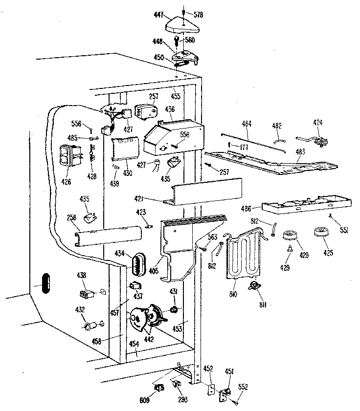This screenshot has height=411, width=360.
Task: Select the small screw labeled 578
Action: click(182, 11)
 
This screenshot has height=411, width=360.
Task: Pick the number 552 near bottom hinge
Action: click(243, 387)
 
